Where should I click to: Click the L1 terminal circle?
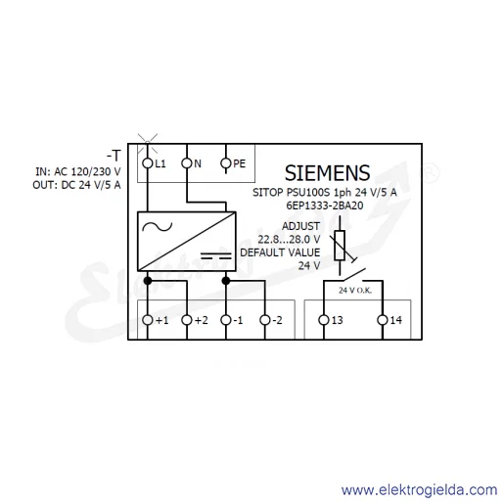148,163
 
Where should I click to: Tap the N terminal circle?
187,163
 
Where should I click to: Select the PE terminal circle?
226,163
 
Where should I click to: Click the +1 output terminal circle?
148,320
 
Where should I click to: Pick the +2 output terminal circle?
187,320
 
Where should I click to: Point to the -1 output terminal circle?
226,320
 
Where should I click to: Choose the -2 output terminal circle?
265,320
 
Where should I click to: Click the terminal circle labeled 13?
324,320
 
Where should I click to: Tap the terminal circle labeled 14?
383,320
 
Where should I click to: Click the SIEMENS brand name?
327,173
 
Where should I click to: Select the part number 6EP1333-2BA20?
325,206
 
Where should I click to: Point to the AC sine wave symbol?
158,226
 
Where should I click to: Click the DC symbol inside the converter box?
216,255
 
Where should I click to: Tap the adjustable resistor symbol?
341,246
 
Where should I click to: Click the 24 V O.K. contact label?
355,291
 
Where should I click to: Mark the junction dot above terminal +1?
148,281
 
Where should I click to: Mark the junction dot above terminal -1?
226,281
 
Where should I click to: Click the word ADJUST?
300,226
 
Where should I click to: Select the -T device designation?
114,156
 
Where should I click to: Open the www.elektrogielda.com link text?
420,490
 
